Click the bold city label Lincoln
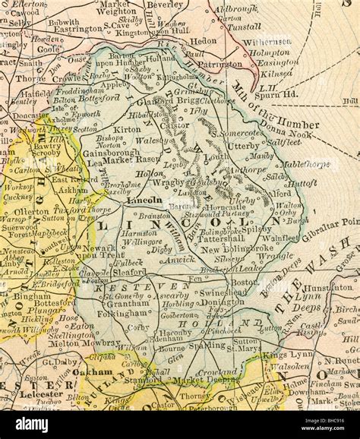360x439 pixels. click(145, 201)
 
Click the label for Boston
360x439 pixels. click(245, 283)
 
